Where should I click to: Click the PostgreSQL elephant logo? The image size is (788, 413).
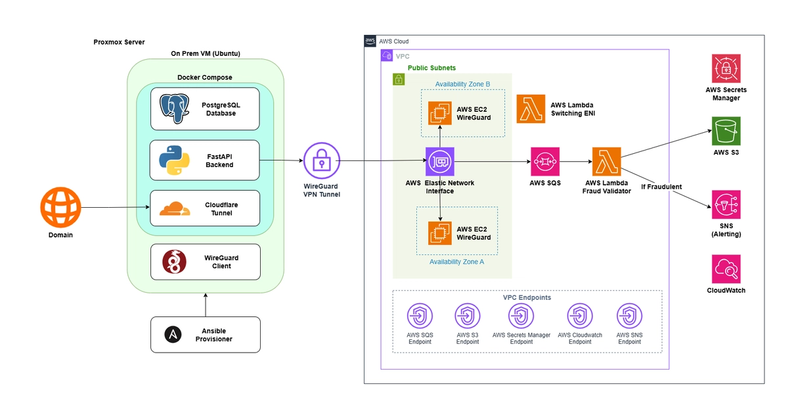[175, 109]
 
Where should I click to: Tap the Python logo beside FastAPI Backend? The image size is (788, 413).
[174, 160]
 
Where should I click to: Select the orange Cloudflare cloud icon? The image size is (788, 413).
[175, 208]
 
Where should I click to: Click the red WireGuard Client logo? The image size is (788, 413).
[174, 262]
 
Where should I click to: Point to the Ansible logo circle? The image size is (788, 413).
[173, 335]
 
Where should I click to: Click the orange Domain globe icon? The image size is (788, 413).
[60, 207]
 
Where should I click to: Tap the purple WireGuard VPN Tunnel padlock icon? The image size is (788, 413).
[322, 160]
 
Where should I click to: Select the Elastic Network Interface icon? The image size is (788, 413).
[440, 161]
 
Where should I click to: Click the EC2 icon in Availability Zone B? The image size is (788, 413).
[440, 113]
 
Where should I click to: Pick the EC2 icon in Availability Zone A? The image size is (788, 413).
[440, 233]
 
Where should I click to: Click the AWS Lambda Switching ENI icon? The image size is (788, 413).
[531, 109]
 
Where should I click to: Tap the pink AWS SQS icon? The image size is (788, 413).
[545, 161]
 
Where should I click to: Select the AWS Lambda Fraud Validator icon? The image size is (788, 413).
[607, 161]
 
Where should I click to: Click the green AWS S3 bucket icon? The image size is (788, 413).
[726, 131]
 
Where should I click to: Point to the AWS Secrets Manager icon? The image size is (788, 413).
[726, 68]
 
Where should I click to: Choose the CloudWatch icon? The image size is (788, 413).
[726, 269]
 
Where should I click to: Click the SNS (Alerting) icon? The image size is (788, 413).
[726, 205]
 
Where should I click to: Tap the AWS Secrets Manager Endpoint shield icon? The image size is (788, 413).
[521, 316]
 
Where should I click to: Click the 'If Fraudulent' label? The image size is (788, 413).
[661, 187]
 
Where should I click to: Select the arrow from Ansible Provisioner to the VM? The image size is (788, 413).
[206, 304]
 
